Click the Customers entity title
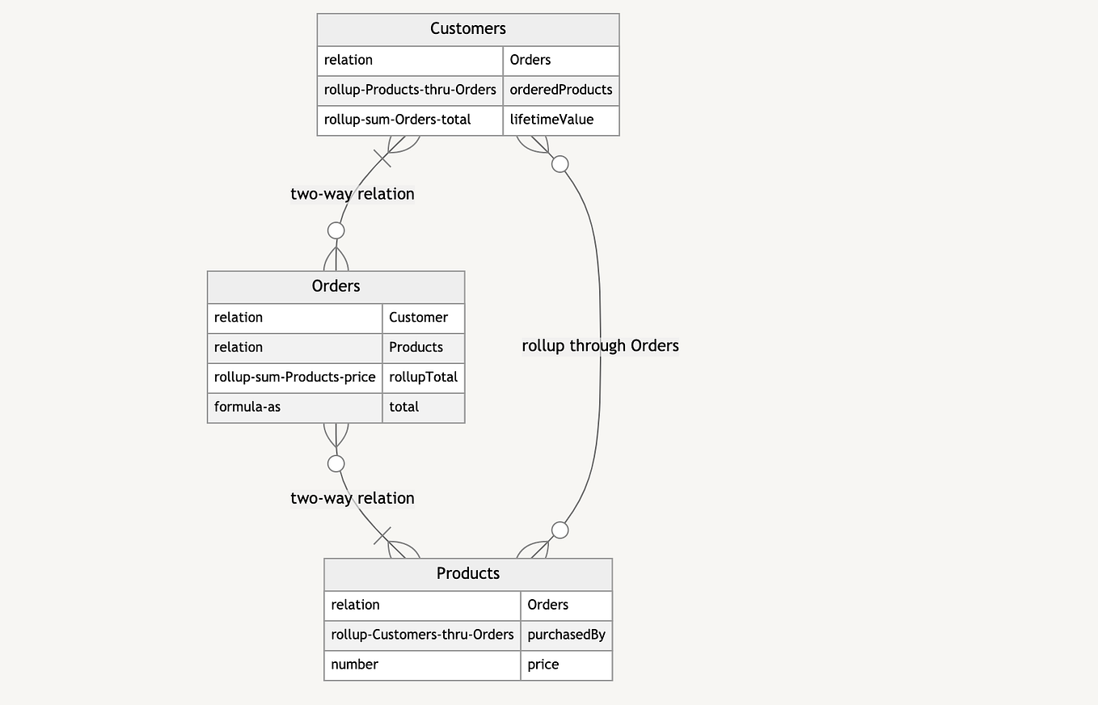467,29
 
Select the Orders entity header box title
336,286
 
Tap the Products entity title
467,574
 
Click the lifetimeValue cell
551,120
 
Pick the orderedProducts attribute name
560,90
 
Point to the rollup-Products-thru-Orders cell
410,90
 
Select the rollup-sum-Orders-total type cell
397,120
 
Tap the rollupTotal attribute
423,378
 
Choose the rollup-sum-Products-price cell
294,378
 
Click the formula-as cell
247,407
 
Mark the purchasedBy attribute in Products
566,635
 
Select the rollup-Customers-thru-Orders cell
422,635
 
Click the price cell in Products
543,665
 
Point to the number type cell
354,665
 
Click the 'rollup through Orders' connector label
600,346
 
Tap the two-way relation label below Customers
353,194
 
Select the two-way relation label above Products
353,498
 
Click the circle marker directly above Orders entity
336,230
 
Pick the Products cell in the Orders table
416,348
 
